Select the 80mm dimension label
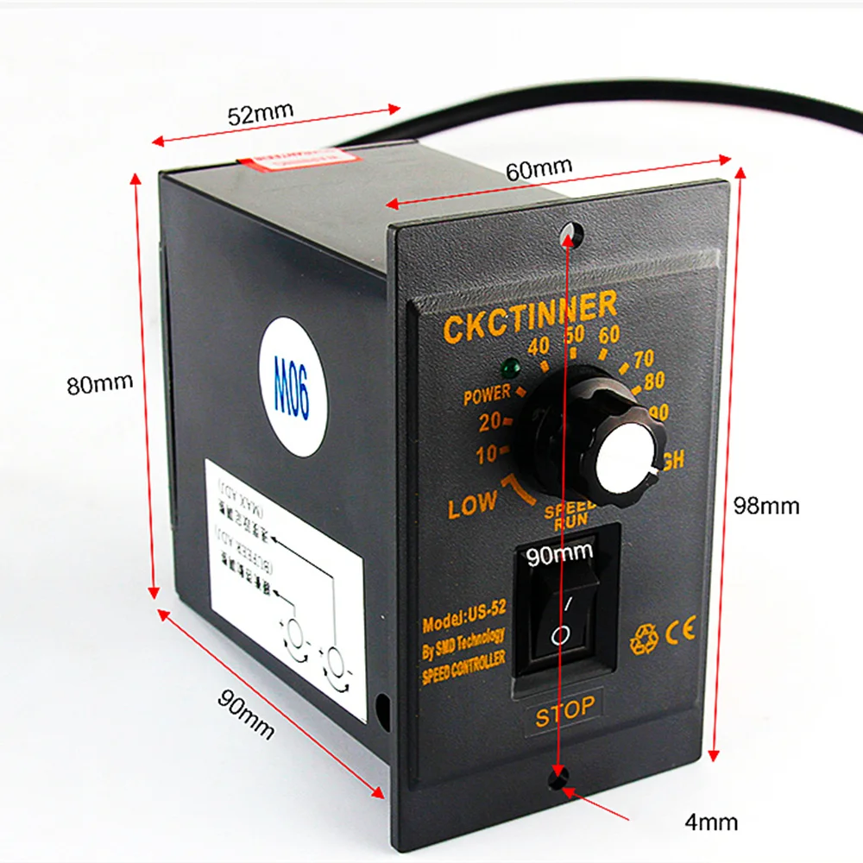[100, 381]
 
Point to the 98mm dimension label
[766, 506]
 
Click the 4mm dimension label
[711, 822]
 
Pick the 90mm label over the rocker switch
[560, 555]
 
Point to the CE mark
[678, 629]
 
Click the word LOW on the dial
[472, 506]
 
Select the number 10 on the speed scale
[487, 454]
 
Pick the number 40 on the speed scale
[539, 346]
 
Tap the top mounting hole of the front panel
[567, 231]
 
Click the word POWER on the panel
[488, 396]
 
